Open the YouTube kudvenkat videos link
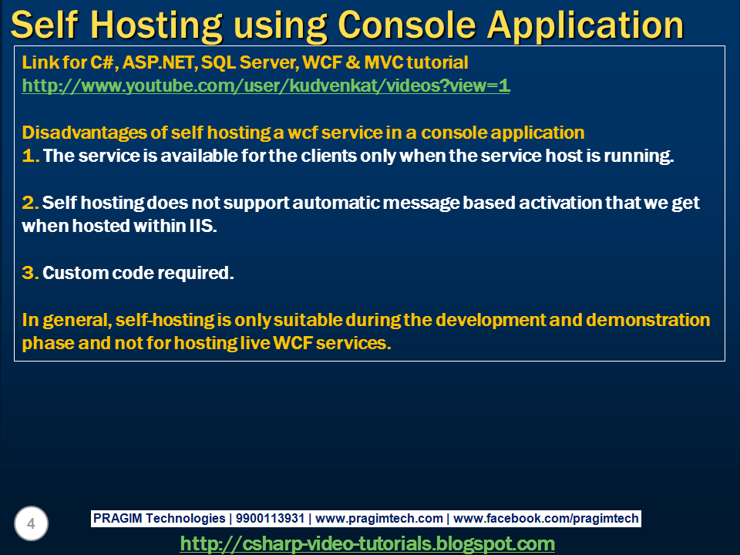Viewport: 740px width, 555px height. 266,86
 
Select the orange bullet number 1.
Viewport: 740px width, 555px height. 30,156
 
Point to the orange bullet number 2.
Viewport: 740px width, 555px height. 30,203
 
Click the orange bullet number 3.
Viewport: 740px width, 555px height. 30,273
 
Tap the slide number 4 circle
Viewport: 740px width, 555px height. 31,525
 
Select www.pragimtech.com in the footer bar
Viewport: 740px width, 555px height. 379,519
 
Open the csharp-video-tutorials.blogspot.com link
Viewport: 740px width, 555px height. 367,543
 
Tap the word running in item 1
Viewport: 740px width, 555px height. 643,156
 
